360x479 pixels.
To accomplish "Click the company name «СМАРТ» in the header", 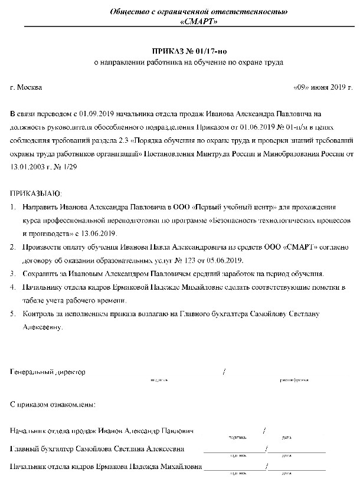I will pos(192,22).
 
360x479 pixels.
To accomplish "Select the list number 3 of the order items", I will pos(13,274).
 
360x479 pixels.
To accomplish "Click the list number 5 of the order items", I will pos(13,314).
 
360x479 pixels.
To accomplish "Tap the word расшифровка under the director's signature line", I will pos(293,380).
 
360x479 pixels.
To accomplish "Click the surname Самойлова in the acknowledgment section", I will pos(97,448).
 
